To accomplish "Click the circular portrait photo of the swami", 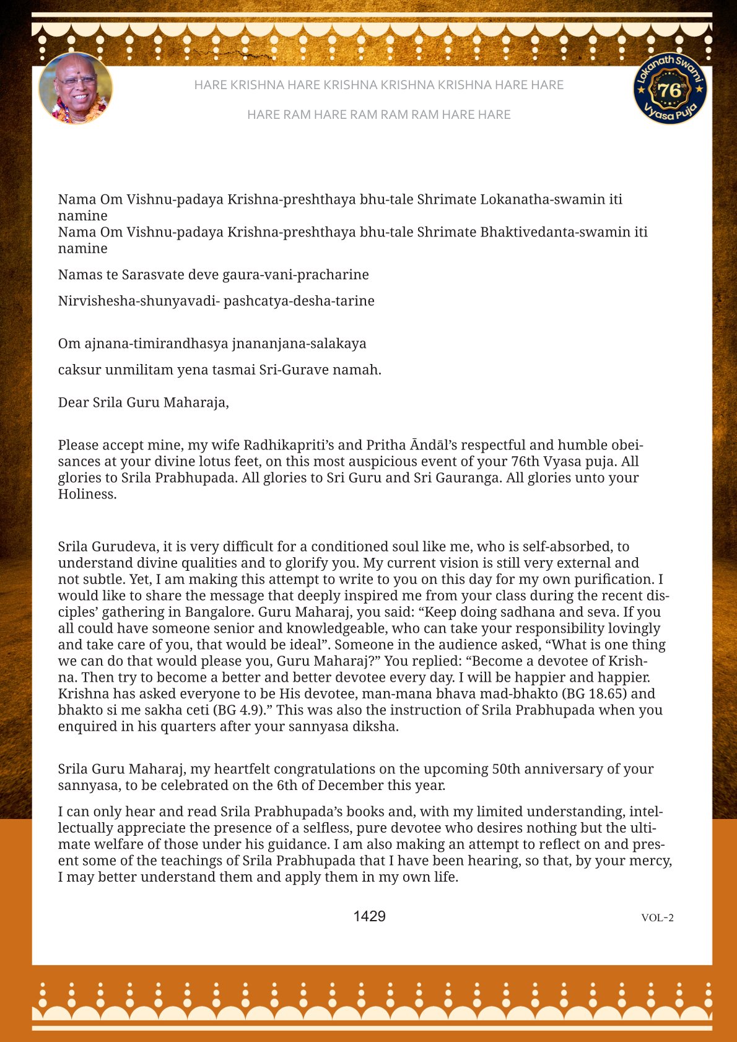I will click(76, 88).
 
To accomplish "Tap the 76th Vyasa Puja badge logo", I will click(670, 88).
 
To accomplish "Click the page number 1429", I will click(369, 916).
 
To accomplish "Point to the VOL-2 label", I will click(657, 918).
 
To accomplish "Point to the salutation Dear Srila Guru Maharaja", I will click(144, 402).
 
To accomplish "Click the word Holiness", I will click(87, 494).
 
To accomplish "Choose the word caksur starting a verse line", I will click(79, 370).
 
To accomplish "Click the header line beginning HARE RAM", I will click(378, 115).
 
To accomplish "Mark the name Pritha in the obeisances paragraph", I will click(384, 445).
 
